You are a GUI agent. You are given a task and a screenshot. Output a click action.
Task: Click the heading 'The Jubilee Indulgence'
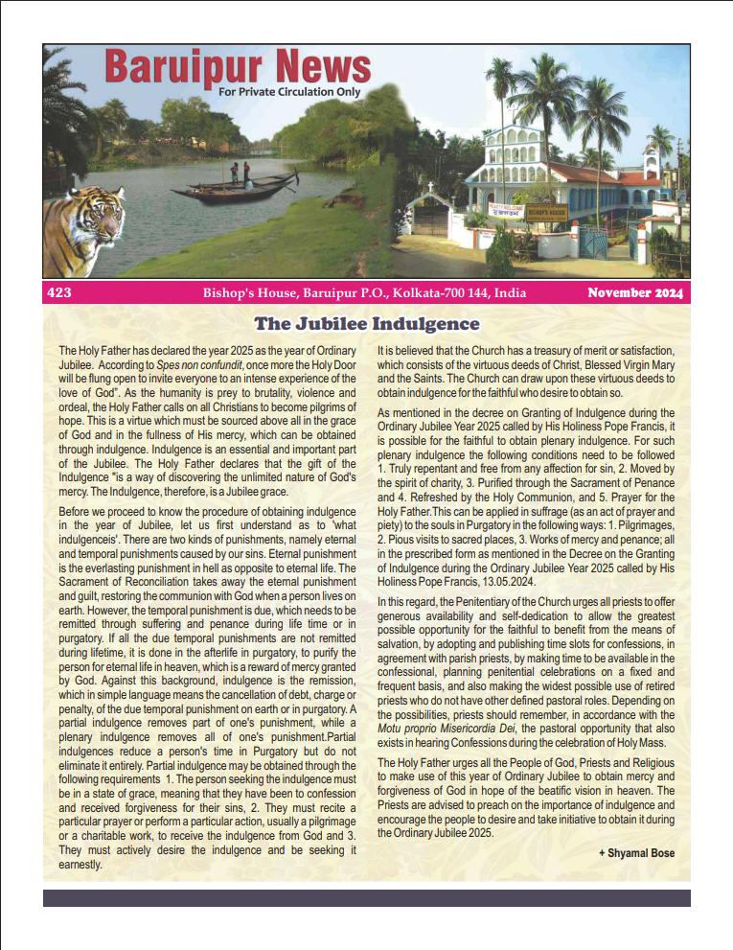coord(366,324)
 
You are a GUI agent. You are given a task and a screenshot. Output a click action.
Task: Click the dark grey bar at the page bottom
coord(366,898)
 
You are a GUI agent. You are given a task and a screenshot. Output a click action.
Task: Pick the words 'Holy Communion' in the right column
coord(495,498)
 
